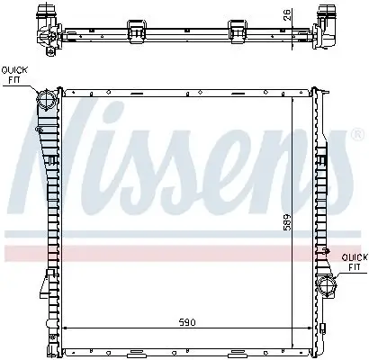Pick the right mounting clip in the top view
click(x=239, y=28)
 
